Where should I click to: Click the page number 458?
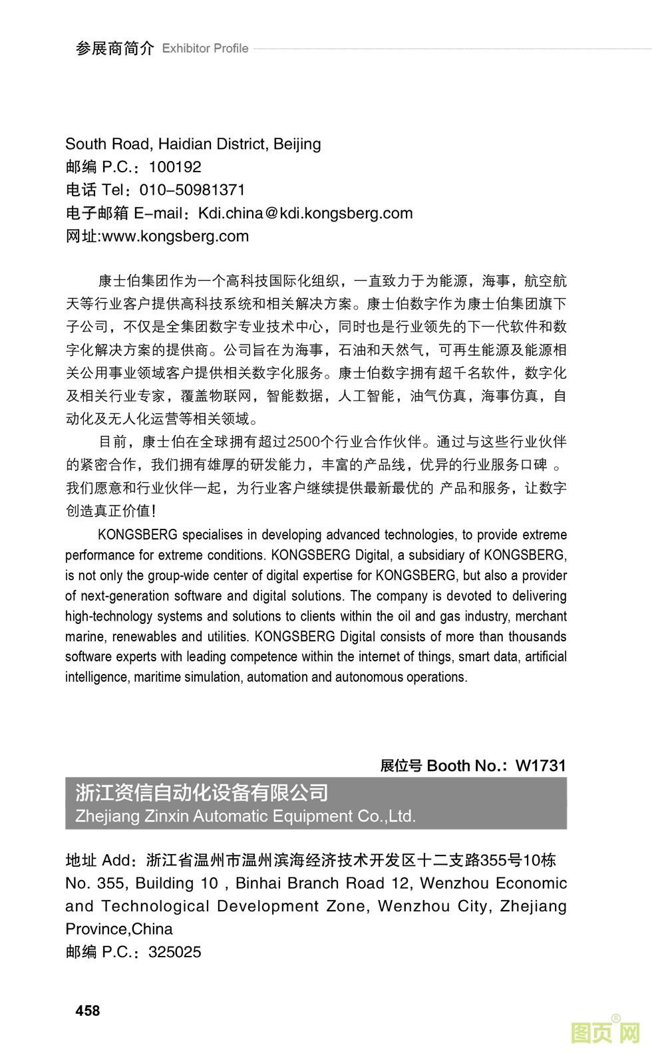[x=88, y=1010]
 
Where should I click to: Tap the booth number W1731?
[x=540, y=766]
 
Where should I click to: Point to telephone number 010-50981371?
[x=192, y=190]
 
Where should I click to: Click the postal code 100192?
[x=174, y=167]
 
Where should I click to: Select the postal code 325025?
[x=174, y=952]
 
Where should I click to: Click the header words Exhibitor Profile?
[x=205, y=49]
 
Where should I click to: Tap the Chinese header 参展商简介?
[x=114, y=49]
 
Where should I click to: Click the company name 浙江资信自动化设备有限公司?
[x=202, y=792]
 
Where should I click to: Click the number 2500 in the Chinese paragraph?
[x=304, y=442]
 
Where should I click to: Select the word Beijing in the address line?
[x=297, y=144]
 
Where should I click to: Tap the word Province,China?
[x=119, y=929]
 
